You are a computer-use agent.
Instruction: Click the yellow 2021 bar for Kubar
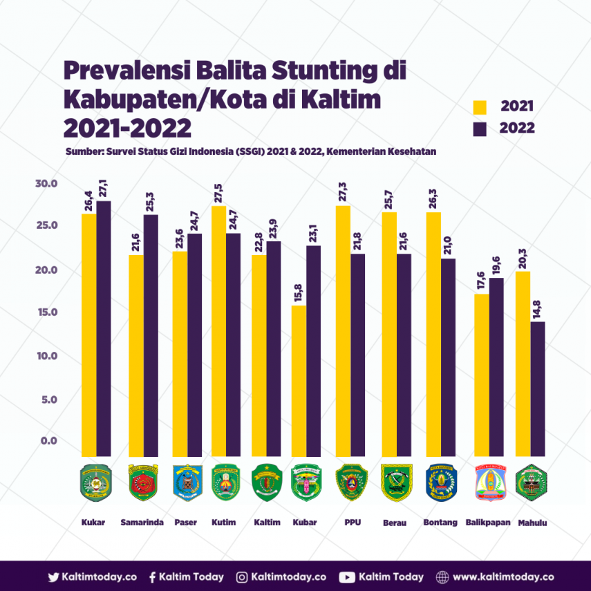[x=299, y=380]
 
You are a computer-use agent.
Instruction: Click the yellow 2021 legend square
[x=480, y=107]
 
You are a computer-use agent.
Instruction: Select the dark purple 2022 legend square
[x=480, y=128]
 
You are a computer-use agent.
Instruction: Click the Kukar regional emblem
[x=96, y=482]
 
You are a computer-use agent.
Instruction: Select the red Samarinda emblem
[x=143, y=482]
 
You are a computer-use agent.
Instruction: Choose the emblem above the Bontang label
[x=440, y=482]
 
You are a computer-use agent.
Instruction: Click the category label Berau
[x=394, y=523]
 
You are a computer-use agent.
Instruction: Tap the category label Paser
[x=185, y=523]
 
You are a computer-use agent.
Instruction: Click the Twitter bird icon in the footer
[x=53, y=577]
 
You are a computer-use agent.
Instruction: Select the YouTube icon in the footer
[x=347, y=577]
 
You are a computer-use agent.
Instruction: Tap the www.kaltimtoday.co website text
[x=503, y=577]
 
